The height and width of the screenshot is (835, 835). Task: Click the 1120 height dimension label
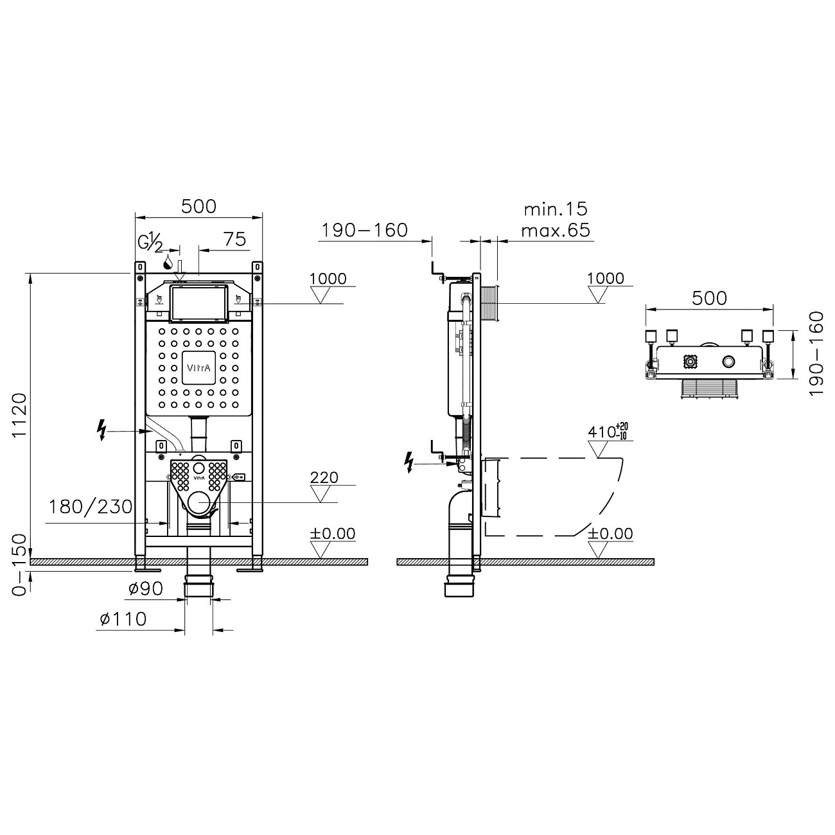[21, 416]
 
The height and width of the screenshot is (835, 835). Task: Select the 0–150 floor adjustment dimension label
[21, 565]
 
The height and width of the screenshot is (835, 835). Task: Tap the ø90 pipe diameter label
[145, 588]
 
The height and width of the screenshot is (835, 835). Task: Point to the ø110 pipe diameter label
[123, 619]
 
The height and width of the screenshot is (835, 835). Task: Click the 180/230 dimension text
[91, 507]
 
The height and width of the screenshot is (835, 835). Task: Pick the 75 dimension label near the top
[235, 239]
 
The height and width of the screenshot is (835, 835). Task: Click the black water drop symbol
[168, 261]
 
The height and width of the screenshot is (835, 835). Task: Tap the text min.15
[556, 209]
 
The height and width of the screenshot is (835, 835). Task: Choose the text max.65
[556, 230]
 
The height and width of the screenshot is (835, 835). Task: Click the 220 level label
[324, 477]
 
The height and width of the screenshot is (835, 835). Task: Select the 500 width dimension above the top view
[709, 298]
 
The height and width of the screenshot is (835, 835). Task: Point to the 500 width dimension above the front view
[198, 206]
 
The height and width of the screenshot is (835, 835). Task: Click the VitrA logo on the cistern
[198, 368]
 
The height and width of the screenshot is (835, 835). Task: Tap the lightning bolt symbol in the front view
[101, 430]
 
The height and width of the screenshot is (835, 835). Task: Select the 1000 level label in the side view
[606, 278]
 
